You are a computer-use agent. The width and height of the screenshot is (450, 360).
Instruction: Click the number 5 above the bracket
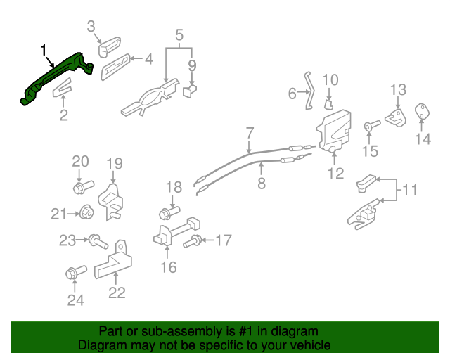(179, 34)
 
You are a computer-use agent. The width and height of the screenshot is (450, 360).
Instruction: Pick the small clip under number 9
(190, 91)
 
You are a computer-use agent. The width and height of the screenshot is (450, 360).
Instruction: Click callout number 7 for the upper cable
(250, 133)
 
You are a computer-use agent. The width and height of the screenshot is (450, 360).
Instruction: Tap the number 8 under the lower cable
(262, 184)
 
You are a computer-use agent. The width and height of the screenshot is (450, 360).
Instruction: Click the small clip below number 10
(329, 103)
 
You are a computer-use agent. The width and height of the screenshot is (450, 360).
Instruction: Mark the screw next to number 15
(371, 127)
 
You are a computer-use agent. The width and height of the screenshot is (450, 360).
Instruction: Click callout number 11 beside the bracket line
(409, 189)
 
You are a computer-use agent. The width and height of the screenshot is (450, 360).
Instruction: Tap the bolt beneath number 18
(169, 211)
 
